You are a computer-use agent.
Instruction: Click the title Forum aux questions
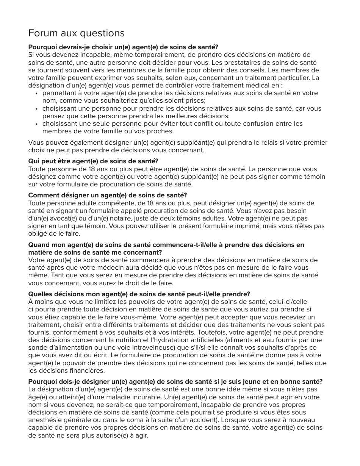pyautogui.click(x=76, y=33)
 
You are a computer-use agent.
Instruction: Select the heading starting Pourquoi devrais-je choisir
pyautogui.click(x=123, y=47)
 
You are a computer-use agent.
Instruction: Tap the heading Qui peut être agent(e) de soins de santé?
pyautogui.click(x=93, y=161)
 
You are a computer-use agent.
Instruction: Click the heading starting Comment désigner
pyautogui.click(x=108, y=195)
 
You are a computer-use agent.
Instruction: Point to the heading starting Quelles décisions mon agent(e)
pyautogui.click(x=139, y=294)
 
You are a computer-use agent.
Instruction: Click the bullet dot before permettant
pyautogui.click(x=36, y=93)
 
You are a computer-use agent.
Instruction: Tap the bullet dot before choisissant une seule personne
pyautogui.click(x=36, y=124)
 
